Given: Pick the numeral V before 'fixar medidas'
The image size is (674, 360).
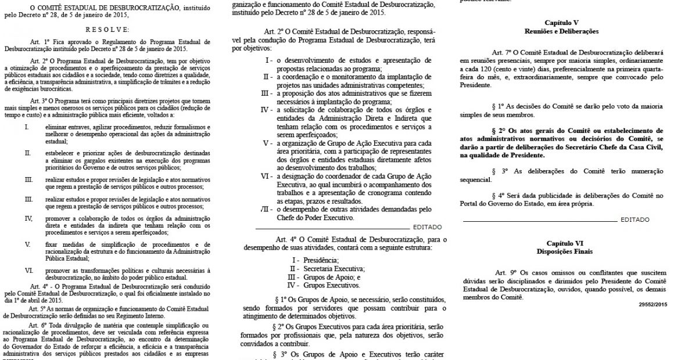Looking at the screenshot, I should pyautogui.click(x=28, y=244).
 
